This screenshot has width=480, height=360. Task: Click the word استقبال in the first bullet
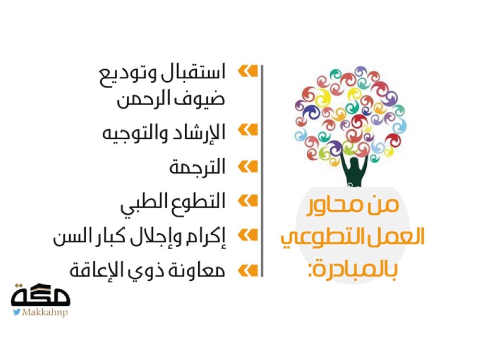point(192,72)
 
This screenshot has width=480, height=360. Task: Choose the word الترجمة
point(197,167)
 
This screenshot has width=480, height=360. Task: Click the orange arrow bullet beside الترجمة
point(248,167)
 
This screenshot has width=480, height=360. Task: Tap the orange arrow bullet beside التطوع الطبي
point(248,201)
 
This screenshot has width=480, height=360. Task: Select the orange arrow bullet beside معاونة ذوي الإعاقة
point(248,271)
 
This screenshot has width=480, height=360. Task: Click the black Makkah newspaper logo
point(41,295)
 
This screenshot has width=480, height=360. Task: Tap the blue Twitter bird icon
point(16,312)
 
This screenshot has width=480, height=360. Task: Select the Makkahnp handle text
point(45,312)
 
